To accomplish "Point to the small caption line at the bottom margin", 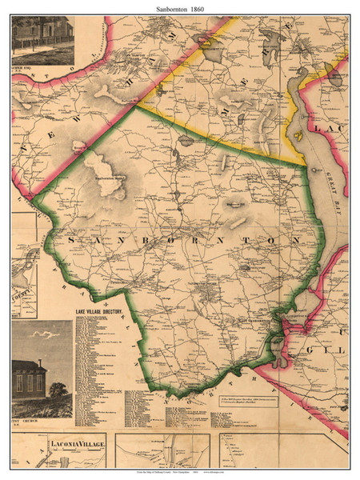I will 179,473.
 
